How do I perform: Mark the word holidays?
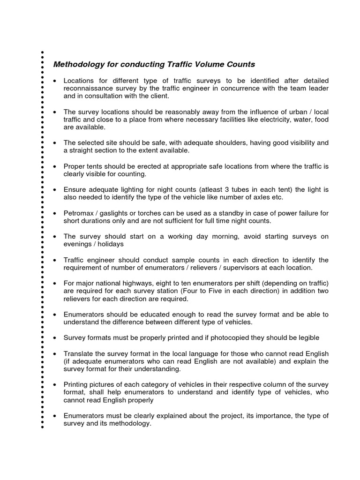pos(111,244)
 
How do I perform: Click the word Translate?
pos(79,353)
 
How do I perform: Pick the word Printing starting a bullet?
pos(77,384)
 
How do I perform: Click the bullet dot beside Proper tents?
pos(56,166)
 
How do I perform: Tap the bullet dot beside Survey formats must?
pos(56,338)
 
